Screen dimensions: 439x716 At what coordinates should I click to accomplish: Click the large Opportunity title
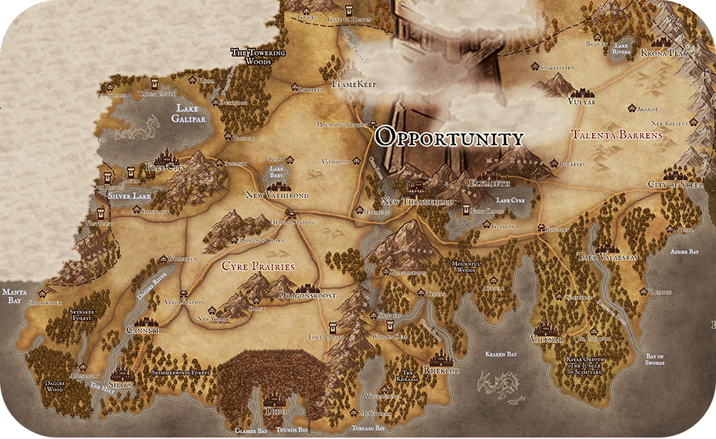(x=450, y=138)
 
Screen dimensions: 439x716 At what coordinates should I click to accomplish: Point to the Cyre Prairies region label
(x=258, y=266)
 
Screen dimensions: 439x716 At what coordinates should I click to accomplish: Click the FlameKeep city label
(x=354, y=85)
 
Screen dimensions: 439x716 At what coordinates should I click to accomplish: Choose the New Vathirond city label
(x=276, y=195)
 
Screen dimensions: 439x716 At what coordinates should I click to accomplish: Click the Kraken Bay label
(x=501, y=354)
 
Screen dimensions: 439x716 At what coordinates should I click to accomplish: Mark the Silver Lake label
(x=128, y=195)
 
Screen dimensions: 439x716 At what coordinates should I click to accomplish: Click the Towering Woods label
(x=257, y=57)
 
